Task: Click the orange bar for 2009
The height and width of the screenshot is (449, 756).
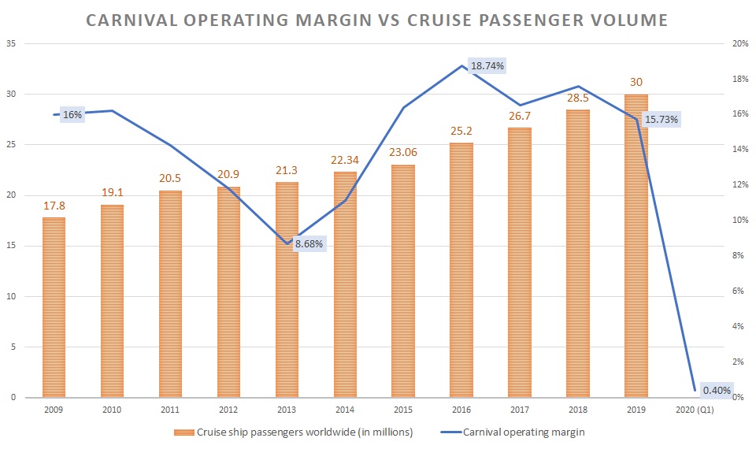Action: [54, 307]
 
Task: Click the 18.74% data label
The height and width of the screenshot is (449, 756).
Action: [487, 67]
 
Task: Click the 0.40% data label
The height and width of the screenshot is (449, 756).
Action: [717, 390]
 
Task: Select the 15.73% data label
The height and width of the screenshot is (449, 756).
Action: [662, 120]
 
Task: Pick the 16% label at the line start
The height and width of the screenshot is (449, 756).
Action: [72, 115]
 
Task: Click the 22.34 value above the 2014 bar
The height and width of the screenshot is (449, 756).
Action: [345, 161]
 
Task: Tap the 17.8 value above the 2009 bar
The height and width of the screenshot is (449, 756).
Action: [54, 207]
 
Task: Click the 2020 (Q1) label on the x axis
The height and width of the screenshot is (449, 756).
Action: [695, 410]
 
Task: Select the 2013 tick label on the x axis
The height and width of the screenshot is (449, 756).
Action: [287, 410]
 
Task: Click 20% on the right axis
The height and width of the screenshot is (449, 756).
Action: [740, 44]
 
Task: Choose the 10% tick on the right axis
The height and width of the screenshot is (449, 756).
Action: [740, 221]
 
